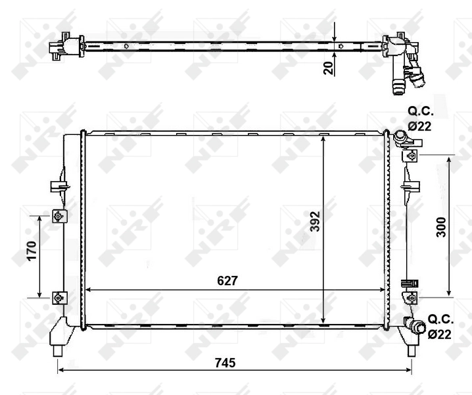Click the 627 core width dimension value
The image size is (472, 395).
coord(227,280)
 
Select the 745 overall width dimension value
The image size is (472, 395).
coord(224,363)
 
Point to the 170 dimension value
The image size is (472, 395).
coord(31,251)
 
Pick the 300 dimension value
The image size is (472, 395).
coord(440,226)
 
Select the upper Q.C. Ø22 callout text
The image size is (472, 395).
coord(420,118)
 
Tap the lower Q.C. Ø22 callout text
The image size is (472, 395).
coord(439,327)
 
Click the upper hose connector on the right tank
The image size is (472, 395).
coord(401,137)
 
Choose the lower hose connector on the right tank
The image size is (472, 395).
coord(414,325)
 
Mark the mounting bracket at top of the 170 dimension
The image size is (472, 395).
coord(59,216)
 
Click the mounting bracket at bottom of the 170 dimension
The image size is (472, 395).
coord(59,298)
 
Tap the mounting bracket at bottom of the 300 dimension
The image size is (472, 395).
coord(412,298)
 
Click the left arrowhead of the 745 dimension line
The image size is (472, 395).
coord(61,371)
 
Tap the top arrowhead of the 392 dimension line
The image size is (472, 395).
coord(323,139)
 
